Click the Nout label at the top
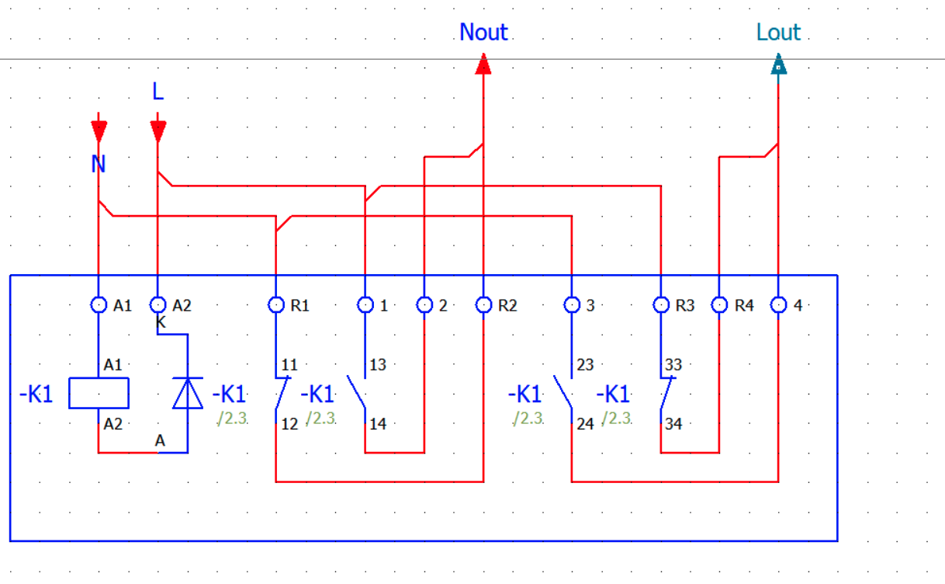[483, 32]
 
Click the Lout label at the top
[778, 32]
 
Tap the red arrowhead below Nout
[483, 64]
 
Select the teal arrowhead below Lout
[778, 64]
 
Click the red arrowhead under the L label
[157, 131]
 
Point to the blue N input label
[98, 163]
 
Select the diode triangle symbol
[188, 393]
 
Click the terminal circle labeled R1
[276, 305]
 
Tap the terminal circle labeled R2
[483, 305]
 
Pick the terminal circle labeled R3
[661, 305]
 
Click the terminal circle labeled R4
[719, 305]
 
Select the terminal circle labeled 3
[572, 305]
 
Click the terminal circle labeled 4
[778, 305]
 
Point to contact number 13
[378, 365]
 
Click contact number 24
[585, 424]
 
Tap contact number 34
[673, 424]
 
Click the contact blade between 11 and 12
[282, 393]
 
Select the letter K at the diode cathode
[161, 322]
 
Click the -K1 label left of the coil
[36, 395]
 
